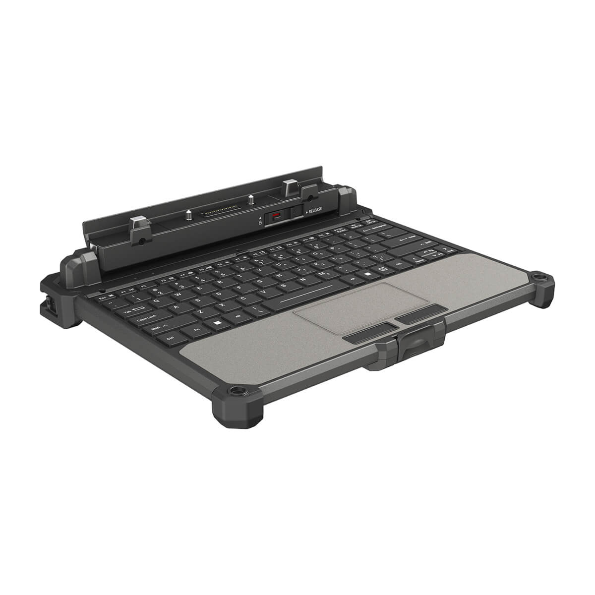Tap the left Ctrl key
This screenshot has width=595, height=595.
pyautogui.click(x=171, y=337)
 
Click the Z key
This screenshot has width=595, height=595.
pyautogui.click(x=199, y=310)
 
